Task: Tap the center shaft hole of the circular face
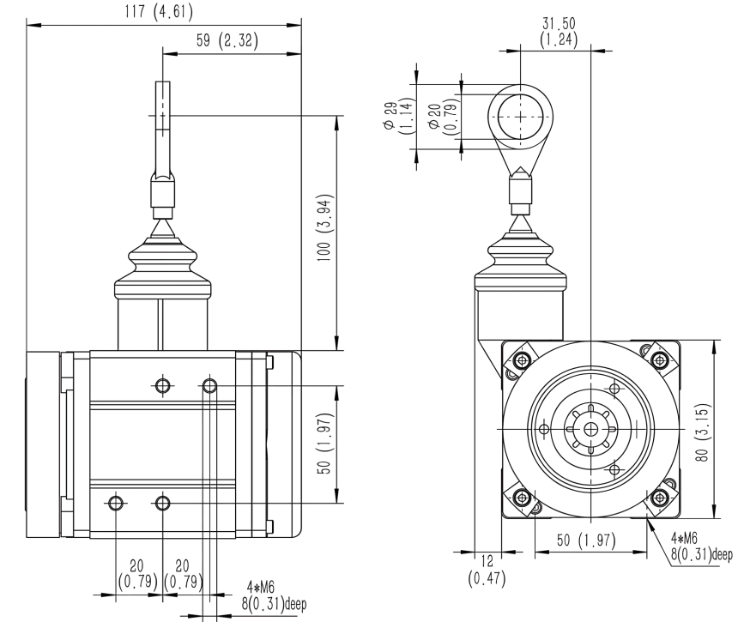click(x=590, y=428)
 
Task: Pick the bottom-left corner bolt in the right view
click(x=521, y=498)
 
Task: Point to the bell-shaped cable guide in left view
click(x=162, y=266)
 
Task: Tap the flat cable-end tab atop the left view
click(x=162, y=106)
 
